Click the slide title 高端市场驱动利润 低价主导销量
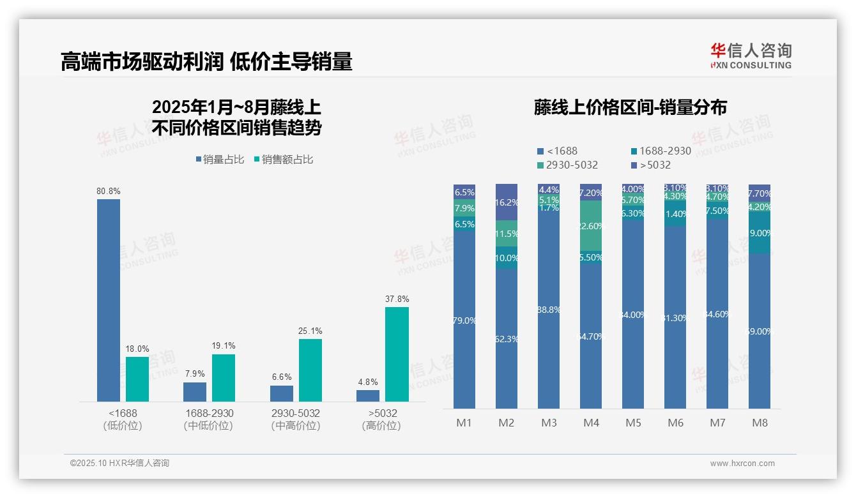(x=206, y=62)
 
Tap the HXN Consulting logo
(x=751, y=56)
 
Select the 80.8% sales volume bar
(x=108, y=300)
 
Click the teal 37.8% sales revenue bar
(x=397, y=354)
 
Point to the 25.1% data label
(x=310, y=331)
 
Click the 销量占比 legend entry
(x=220, y=160)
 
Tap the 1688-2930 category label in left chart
(x=209, y=413)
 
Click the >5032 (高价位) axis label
(x=381, y=419)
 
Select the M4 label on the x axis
(x=591, y=423)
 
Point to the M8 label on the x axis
(x=760, y=423)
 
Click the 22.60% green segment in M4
(x=591, y=225)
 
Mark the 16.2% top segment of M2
(x=507, y=202)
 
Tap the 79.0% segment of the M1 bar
(x=464, y=321)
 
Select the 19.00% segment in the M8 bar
(x=760, y=234)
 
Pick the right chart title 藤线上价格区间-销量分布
(x=630, y=107)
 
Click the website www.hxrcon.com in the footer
(x=742, y=464)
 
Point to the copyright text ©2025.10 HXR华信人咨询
(x=119, y=464)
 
